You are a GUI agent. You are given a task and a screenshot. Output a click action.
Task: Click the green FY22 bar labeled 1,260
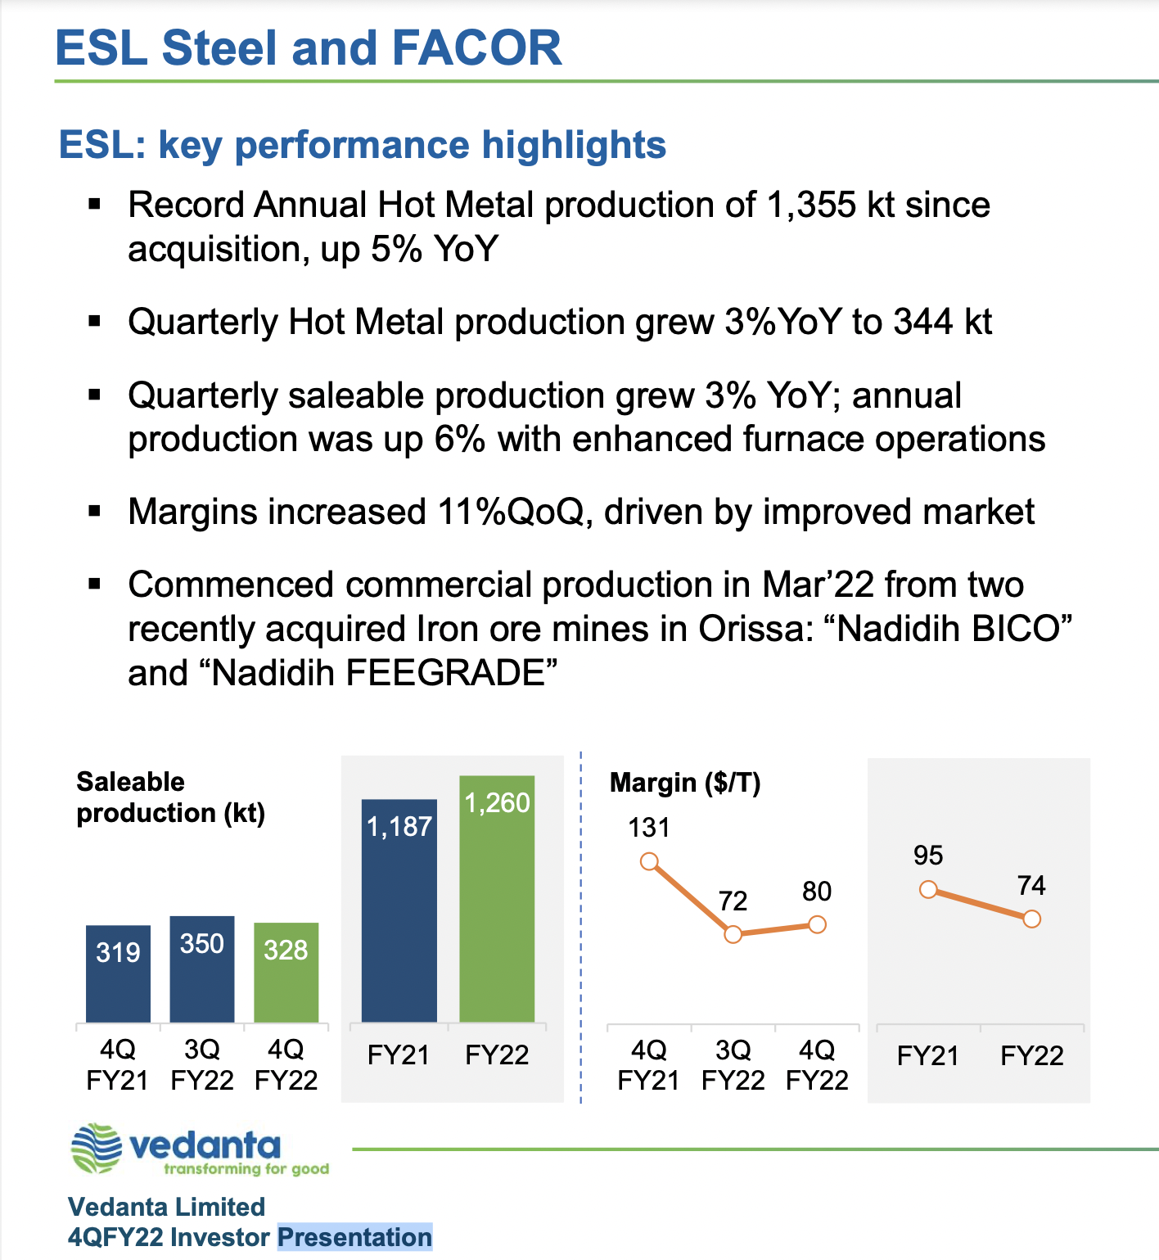click(497, 901)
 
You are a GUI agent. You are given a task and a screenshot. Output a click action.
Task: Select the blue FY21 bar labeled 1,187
click(399, 913)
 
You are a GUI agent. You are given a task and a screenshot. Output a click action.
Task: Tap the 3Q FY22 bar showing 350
click(202, 970)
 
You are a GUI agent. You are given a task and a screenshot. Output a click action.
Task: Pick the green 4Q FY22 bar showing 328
click(286, 974)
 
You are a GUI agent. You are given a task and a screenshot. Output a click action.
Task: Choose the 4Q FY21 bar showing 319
click(118, 974)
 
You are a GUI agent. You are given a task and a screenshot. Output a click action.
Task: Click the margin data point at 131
click(649, 861)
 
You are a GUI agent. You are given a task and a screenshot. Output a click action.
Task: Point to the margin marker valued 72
click(733, 934)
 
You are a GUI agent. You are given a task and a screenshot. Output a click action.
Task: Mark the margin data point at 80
click(817, 924)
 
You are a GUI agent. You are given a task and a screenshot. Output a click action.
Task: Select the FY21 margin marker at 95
click(928, 889)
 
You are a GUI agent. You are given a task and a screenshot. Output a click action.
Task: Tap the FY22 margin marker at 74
click(1032, 919)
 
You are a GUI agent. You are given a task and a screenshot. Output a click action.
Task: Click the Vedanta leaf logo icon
click(97, 1149)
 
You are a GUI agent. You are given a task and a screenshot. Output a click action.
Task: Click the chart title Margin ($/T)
click(685, 784)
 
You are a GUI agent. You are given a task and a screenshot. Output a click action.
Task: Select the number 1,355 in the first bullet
click(811, 205)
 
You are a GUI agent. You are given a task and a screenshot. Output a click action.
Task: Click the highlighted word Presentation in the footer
click(354, 1237)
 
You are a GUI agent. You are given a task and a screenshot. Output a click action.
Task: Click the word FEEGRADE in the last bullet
click(445, 673)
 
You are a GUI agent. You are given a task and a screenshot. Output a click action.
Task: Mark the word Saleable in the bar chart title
click(130, 782)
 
